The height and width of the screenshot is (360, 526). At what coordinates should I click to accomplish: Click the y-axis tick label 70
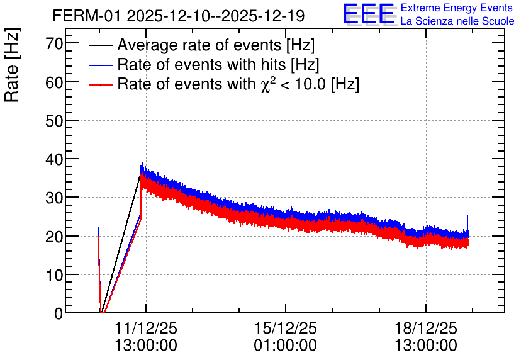54,43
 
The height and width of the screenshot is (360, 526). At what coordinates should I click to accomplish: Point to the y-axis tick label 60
54,82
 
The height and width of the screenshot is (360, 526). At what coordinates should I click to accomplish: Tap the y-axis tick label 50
54,120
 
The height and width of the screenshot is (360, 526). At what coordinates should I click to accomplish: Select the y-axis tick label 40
54,159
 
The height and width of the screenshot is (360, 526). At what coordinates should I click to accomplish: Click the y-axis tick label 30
54,198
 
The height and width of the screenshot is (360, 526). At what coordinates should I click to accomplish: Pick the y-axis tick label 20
54,237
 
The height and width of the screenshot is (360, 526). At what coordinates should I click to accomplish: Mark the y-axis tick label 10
54,275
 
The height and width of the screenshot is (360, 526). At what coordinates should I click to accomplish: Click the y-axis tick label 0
59,313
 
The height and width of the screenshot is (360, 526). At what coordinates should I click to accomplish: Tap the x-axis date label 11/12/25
146,328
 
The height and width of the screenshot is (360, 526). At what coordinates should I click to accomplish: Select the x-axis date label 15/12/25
286,328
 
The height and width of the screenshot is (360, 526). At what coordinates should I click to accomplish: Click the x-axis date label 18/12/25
426,328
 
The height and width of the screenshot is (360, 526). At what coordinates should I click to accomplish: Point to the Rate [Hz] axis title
12,65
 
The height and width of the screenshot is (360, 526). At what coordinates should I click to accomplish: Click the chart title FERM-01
86,16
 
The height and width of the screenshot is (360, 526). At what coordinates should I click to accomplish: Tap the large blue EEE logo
369,14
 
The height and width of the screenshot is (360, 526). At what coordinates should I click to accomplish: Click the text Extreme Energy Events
457,8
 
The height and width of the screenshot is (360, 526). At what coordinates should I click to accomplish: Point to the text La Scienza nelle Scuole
457,21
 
